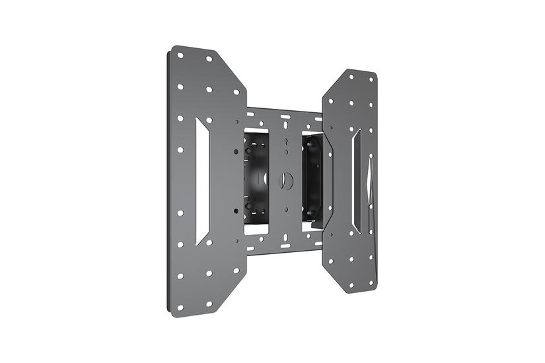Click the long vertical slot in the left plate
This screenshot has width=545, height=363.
pos(201,181)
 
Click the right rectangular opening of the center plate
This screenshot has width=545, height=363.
pos(311,178)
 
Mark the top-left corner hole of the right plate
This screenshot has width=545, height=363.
pos(350,77)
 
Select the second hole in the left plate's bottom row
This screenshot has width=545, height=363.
pos(209,305)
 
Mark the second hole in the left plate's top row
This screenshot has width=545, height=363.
pos(209,59)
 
